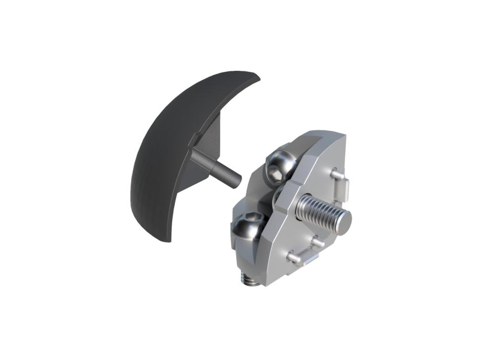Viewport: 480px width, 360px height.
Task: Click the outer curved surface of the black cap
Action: tap(159, 149)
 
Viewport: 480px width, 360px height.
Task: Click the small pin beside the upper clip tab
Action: tap(336, 175)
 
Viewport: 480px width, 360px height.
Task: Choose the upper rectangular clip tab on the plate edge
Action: tap(348, 189)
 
